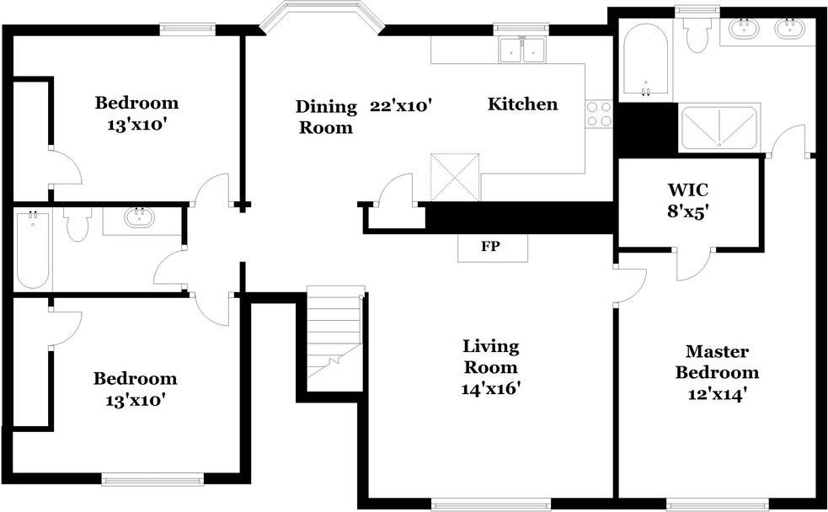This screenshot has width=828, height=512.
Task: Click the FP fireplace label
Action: coord(490,246)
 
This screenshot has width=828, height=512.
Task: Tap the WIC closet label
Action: coord(687,189)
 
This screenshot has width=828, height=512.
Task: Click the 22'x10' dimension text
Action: coord(401,105)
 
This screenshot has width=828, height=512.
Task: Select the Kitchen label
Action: coord(522,104)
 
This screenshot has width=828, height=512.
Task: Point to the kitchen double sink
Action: coord(522,51)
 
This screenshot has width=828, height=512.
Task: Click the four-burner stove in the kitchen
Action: coord(599,114)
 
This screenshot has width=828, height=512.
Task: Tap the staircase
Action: coord(335,339)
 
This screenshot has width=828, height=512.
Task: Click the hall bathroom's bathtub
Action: coord(33,249)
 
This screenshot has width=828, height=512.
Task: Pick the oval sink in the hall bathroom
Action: coord(140,217)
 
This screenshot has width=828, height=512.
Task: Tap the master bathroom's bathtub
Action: coord(644,61)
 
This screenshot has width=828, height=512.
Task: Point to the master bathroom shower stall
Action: coord(718,128)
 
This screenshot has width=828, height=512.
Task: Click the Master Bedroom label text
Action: coord(717,361)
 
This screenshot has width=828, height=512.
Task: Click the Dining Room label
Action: coord(326,117)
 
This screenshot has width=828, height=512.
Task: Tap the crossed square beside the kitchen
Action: coord(455,178)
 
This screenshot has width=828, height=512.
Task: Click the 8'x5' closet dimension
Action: coord(687,211)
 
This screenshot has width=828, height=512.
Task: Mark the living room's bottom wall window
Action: coord(491,505)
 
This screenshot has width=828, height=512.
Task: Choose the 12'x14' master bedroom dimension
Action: coord(717,394)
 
